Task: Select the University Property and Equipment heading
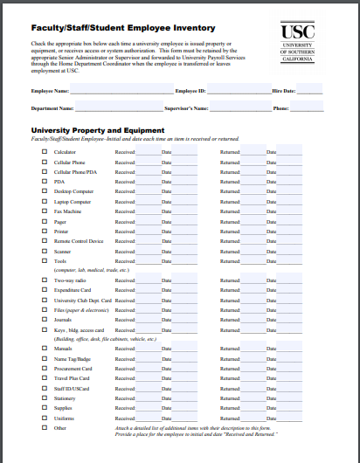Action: coord(97,130)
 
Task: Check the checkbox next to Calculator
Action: coord(45,152)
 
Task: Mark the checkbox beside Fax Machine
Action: coord(45,211)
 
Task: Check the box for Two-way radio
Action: coord(45,280)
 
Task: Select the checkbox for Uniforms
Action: coord(45,418)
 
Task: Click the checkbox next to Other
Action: coord(45,428)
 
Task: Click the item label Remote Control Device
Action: coord(78,241)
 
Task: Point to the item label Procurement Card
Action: coord(73,369)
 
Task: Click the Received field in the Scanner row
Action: coord(149,251)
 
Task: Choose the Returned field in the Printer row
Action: coord(253,231)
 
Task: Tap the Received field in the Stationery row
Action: coord(149,397)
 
